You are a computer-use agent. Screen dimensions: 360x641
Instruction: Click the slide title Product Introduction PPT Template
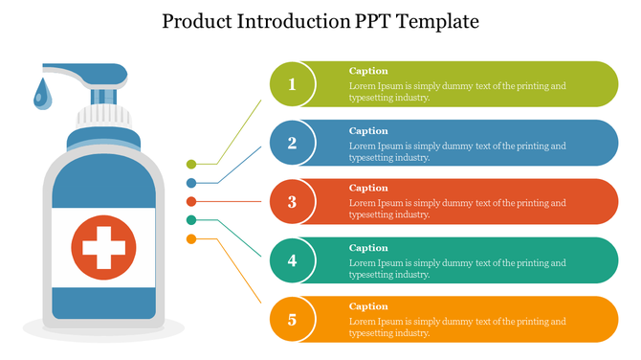pos(320,20)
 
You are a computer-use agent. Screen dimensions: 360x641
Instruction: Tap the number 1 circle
pos(293,84)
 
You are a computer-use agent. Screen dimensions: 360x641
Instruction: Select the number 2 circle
pos(293,144)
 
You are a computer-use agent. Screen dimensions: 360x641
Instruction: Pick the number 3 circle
pos(293,202)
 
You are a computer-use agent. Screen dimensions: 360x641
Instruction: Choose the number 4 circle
pos(293,260)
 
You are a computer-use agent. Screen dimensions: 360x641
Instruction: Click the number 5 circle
pos(293,319)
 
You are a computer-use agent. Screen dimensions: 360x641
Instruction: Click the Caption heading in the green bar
pos(368,71)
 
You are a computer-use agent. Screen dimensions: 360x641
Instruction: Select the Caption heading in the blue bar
pos(368,131)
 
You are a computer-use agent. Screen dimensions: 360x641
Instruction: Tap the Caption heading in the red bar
pos(368,188)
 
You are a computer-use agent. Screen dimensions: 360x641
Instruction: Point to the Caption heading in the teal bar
pos(368,248)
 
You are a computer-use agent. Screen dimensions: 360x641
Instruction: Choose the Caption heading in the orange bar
pos(368,306)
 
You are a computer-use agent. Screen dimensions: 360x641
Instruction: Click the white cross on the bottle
pos(103,248)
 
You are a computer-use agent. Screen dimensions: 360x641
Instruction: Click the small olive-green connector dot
pos(191,165)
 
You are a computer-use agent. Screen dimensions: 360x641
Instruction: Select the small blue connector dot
pos(191,182)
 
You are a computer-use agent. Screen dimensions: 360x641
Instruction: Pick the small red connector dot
pos(191,202)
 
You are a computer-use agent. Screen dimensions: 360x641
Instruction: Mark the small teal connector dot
pos(191,220)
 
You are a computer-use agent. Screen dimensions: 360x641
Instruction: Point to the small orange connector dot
pos(191,238)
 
